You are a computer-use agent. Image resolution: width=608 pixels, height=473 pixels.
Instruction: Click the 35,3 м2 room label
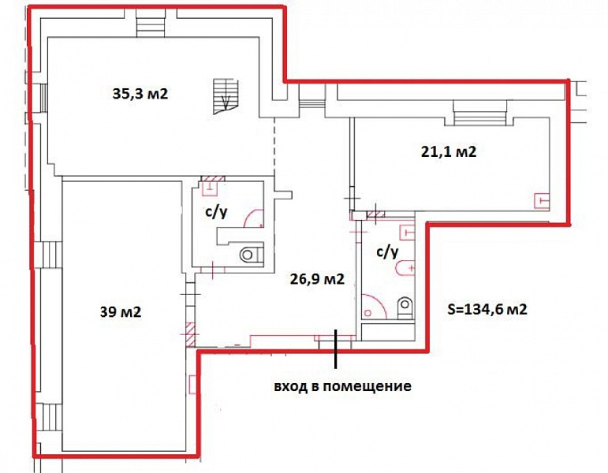tap(140, 94)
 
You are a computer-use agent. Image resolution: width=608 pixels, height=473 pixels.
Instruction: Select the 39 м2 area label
tap(121, 311)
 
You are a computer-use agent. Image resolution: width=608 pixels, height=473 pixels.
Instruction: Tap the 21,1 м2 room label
tap(449, 151)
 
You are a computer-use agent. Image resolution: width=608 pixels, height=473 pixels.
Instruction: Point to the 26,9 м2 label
tap(317, 278)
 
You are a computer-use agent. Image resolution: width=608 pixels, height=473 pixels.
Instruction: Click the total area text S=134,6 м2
tap(487, 309)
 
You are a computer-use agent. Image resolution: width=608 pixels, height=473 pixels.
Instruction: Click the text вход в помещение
tap(343, 386)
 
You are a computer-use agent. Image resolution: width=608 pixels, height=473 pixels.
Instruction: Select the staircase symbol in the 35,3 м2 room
tap(226, 96)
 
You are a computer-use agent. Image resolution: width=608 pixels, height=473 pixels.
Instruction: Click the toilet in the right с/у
tap(405, 307)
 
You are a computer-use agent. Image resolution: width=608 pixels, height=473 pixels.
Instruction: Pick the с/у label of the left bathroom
tap(215, 212)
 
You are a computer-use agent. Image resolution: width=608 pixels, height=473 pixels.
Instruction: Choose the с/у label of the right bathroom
tap(387, 252)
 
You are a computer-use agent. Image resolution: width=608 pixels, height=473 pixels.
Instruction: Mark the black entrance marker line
tap(336, 348)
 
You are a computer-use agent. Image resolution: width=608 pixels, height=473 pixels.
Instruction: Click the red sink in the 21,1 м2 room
tap(542, 201)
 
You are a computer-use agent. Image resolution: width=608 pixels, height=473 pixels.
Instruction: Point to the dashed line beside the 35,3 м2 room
tap(274, 147)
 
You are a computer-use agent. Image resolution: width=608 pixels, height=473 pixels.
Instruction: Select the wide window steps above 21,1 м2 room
tap(480, 113)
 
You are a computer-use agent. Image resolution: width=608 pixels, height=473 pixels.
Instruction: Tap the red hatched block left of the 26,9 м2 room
tap(191, 333)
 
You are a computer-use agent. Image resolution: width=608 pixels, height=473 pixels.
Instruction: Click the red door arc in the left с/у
tap(254, 218)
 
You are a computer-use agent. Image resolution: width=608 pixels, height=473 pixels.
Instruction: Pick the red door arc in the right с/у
tap(374, 306)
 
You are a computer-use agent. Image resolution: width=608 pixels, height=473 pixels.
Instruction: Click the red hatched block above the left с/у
tap(212, 179)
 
